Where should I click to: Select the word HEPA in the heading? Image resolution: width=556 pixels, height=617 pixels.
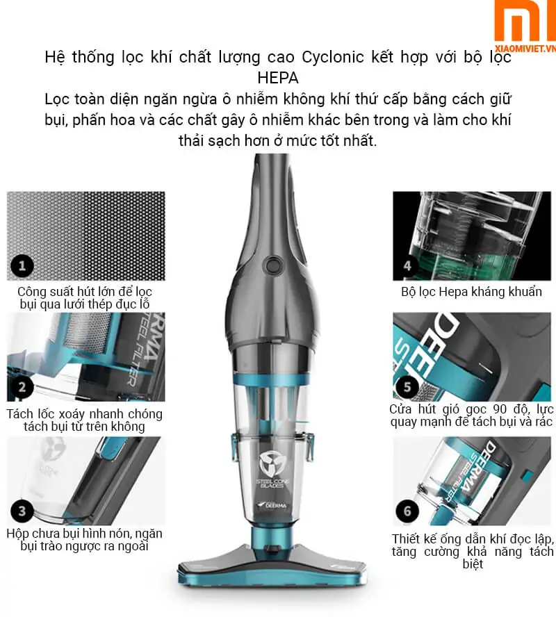pos(277,76)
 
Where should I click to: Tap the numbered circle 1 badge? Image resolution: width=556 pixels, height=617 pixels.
pos(22,265)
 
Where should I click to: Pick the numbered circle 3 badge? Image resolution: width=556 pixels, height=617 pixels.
pos(22,512)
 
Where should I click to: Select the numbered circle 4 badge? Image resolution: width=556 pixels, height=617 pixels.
pos(407,265)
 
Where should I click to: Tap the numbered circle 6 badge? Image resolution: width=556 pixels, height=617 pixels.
pos(407,512)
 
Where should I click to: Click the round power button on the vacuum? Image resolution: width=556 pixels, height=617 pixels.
pos(270,264)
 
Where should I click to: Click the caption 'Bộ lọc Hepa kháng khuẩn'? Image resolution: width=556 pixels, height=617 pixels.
pos(471,291)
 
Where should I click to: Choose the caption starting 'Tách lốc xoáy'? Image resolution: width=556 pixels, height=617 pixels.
pos(84,420)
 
